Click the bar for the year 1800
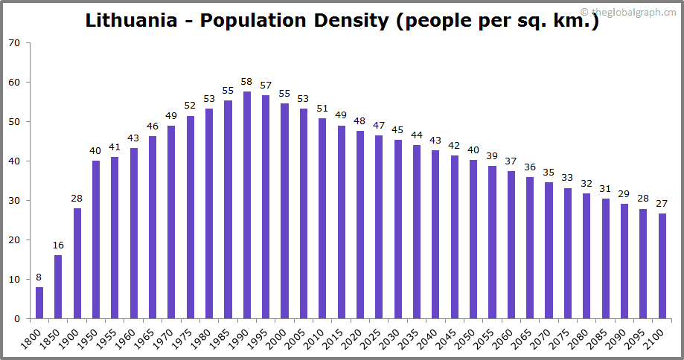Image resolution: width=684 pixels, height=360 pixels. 39,303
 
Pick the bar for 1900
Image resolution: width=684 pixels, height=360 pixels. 77,263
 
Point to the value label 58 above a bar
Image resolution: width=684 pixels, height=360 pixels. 247,82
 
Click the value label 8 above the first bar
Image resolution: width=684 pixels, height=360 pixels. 39,277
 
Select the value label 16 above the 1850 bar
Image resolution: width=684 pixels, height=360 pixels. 58,246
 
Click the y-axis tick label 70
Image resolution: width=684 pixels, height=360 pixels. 14,43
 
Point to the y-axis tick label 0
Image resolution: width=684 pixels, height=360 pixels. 17,319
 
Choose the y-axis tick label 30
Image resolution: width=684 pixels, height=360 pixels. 14,201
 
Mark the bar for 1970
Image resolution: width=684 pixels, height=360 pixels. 171,222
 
